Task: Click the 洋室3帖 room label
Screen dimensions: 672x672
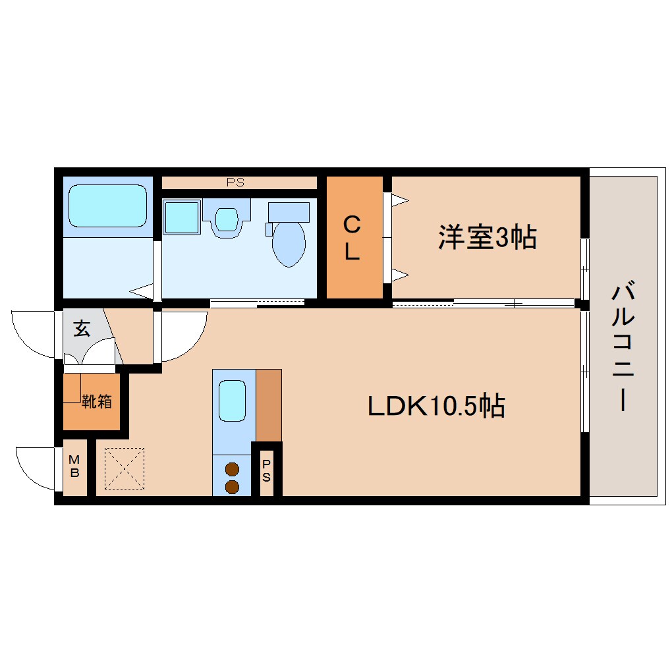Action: click(488, 238)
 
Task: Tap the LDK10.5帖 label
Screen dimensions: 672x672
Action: click(436, 406)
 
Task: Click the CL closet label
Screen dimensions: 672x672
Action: click(352, 238)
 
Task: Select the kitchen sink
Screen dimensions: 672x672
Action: click(232, 401)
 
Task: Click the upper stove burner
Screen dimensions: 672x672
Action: click(232, 470)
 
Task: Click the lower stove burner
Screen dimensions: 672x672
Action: click(232, 487)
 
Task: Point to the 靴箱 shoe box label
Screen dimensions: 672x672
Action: click(97, 401)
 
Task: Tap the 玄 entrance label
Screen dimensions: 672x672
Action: click(82, 329)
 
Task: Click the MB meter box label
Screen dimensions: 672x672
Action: click(74, 467)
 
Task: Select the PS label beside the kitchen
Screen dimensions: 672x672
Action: click(266, 471)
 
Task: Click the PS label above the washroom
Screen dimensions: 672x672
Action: click(235, 182)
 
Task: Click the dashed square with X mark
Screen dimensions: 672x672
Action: click(125, 468)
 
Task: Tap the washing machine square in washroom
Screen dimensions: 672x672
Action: click(181, 217)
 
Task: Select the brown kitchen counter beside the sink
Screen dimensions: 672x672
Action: click(268, 405)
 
